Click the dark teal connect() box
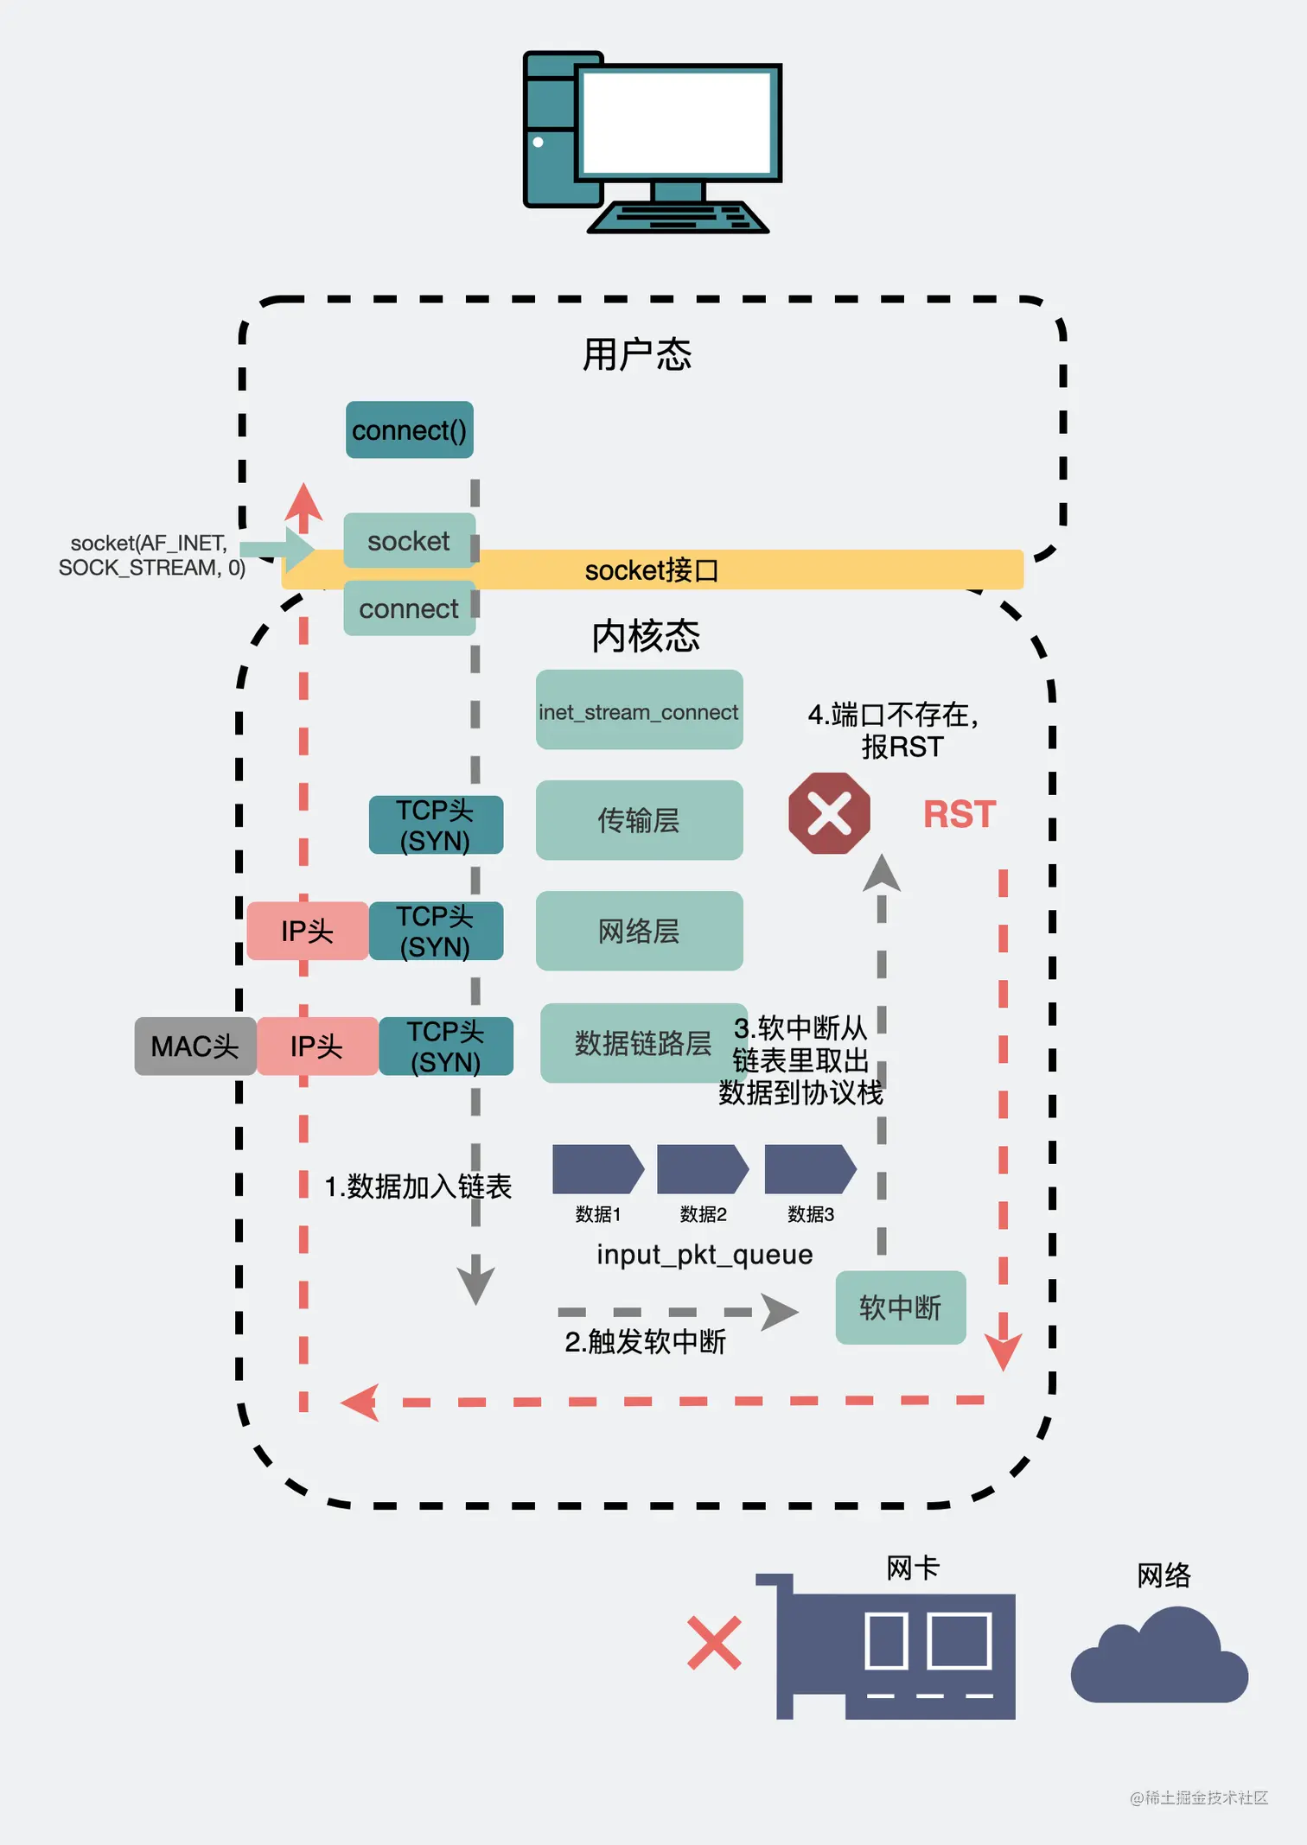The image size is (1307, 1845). click(409, 429)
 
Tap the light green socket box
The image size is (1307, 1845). click(409, 541)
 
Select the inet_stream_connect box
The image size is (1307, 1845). click(639, 710)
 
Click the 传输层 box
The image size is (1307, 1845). click(639, 820)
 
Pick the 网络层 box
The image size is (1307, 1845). click(639, 931)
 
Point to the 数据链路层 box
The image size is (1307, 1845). click(641, 1043)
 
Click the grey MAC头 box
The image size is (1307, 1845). click(194, 1047)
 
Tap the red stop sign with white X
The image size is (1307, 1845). click(829, 813)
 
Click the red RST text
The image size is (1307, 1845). click(960, 814)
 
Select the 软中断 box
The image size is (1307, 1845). click(900, 1307)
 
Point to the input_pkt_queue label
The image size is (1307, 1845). click(705, 1254)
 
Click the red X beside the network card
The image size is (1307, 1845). click(714, 1643)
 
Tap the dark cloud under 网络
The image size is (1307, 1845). click(1158, 1660)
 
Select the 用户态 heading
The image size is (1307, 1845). click(637, 354)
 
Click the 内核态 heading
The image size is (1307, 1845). click(646, 636)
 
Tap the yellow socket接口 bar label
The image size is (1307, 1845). click(651, 570)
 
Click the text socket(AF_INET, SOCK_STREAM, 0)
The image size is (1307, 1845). click(150, 555)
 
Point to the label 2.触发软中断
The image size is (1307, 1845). click(645, 1341)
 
